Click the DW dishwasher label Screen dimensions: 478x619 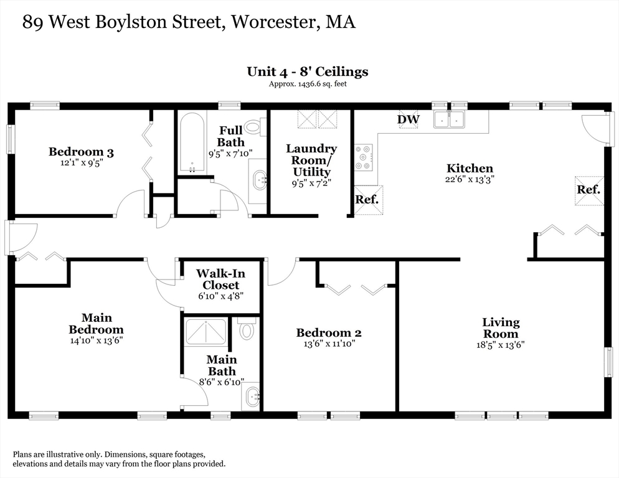(x=409, y=119)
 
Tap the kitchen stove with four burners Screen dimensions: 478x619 (x=364, y=157)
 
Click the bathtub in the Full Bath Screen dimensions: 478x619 (x=191, y=143)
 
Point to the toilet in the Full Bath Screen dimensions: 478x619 (x=253, y=127)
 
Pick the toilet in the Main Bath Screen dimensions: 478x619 (x=247, y=329)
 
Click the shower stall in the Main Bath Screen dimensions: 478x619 (x=206, y=332)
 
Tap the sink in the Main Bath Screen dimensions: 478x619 (x=252, y=396)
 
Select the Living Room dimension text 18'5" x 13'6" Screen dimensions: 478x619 (x=501, y=344)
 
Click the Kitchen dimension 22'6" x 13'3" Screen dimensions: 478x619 (x=470, y=179)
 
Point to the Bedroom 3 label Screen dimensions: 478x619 (x=81, y=151)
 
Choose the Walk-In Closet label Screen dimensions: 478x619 (x=220, y=279)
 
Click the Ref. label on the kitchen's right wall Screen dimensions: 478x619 (x=588, y=190)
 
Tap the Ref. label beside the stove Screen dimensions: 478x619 (x=367, y=200)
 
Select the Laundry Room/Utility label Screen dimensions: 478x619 (x=311, y=159)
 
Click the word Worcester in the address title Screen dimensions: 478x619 (x=275, y=22)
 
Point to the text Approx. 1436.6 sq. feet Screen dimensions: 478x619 (x=307, y=84)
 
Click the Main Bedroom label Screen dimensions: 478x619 (x=96, y=324)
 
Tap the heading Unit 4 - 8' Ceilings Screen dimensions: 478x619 (x=307, y=71)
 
